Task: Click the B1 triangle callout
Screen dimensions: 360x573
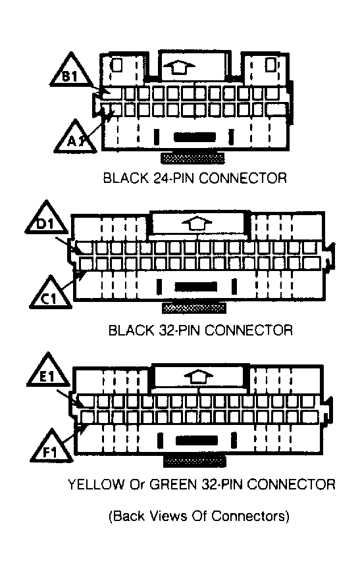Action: point(70,72)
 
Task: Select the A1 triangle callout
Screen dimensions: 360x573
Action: point(76,137)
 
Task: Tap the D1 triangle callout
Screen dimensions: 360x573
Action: point(47,219)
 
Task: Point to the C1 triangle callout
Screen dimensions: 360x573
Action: point(50,294)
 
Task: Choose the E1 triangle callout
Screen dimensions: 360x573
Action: point(47,372)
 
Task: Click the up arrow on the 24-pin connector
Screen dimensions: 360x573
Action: point(179,67)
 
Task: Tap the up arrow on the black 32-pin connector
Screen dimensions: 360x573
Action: point(197,223)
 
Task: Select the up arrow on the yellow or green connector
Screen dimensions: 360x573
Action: point(197,377)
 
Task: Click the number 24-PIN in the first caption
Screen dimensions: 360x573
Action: point(172,178)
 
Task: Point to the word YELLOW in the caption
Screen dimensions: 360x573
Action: point(96,484)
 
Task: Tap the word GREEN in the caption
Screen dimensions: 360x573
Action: point(174,484)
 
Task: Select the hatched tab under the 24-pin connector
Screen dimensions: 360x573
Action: point(193,158)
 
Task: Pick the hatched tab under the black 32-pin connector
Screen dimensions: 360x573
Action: point(193,309)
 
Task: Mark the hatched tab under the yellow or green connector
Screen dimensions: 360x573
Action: point(194,461)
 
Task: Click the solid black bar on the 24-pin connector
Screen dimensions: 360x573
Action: point(194,137)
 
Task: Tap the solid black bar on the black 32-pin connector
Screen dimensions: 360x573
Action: point(196,287)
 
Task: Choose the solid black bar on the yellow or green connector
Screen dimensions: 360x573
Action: point(197,441)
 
